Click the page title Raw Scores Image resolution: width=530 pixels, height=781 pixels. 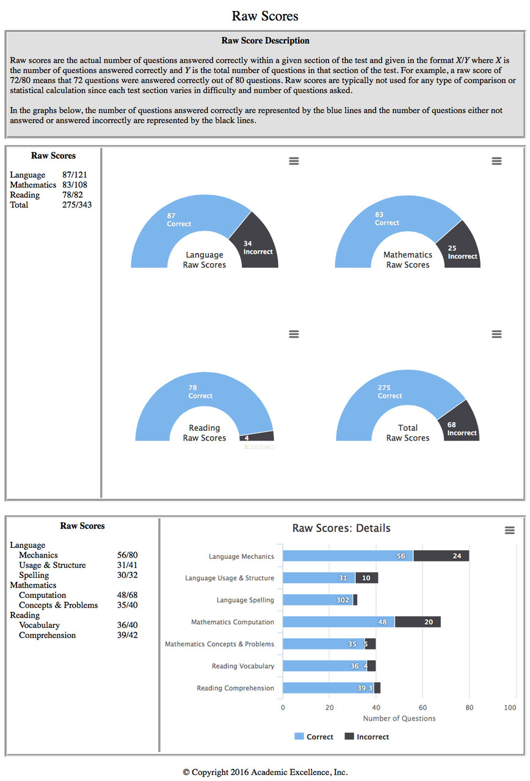(265, 16)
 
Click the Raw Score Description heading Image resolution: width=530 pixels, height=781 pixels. (265, 41)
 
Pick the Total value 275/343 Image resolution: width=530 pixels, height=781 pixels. (77, 205)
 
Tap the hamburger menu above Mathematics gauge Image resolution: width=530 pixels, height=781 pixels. (496, 161)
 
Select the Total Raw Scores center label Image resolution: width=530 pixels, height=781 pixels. (408, 433)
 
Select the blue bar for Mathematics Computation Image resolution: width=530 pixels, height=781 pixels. (339, 622)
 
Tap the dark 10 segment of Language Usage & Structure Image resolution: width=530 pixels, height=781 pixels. (366, 578)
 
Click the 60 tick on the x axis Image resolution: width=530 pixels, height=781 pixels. (423, 708)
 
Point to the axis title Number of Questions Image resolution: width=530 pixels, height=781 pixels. (399, 719)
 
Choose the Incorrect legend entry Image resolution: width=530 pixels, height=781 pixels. (367, 737)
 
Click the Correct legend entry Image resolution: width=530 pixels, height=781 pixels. (314, 737)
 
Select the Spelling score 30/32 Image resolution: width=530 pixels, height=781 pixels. (127, 575)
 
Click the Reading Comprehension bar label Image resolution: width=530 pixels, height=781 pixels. (235, 688)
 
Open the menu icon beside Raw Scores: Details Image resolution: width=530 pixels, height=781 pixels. (510, 531)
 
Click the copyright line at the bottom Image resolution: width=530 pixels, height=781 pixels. (265, 772)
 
